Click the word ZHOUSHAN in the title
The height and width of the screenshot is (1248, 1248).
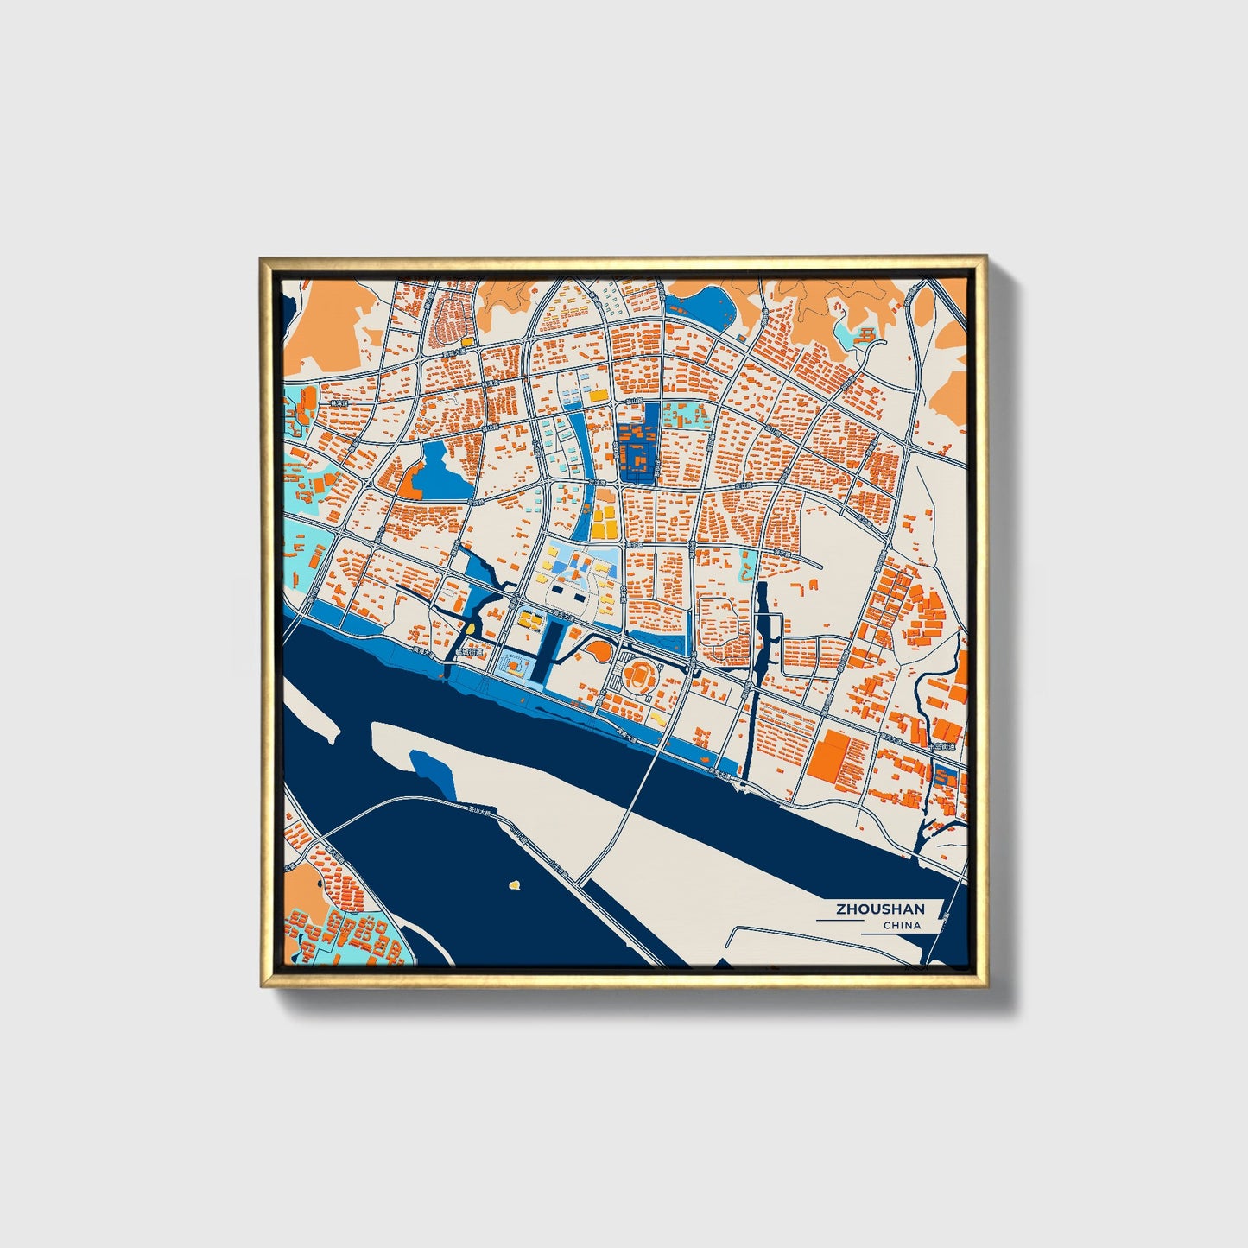[x=879, y=909]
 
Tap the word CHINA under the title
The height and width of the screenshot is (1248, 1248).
[x=902, y=926]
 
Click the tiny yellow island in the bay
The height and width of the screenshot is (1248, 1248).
[x=515, y=884]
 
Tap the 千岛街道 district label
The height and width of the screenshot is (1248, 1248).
[x=943, y=745]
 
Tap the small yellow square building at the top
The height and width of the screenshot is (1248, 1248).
[x=467, y=342]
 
